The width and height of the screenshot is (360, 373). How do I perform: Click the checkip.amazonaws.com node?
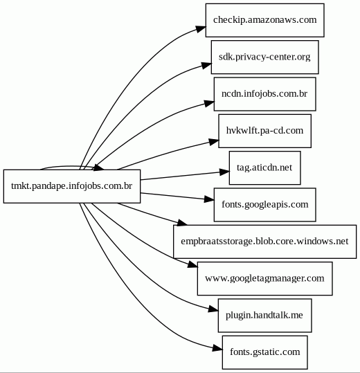click(265, 20)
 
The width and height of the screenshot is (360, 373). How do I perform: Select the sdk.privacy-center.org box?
click(265, 57)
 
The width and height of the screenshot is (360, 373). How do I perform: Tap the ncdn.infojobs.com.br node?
click(265, 94)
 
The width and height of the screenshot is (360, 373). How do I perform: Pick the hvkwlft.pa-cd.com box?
click(265, 131)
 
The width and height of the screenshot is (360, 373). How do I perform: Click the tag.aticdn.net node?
click(265, 167)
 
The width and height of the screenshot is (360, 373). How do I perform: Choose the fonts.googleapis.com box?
click(265, 205)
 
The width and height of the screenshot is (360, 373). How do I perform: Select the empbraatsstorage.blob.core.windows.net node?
click(265, 242)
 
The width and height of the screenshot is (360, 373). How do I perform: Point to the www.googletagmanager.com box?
click(265, 279)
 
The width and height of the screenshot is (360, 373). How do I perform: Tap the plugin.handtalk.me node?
click(265, 316)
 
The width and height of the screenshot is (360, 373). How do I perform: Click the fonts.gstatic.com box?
click(265, 352)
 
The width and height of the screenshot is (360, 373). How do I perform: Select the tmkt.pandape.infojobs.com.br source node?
click(72, 186)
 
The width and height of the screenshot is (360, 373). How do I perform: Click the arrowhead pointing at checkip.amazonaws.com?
click(201, 29)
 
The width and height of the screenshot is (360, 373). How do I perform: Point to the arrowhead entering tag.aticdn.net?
click(224, 172)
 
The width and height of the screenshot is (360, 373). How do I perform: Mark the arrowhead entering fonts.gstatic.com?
click(217, 349)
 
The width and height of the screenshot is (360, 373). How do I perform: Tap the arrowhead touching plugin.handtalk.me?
click(213, 309)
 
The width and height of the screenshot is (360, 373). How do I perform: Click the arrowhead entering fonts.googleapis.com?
click(209, 199)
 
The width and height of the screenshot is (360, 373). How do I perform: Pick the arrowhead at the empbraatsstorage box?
click(182, 222)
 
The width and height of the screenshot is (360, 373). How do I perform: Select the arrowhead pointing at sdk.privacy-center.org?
click(206, 65)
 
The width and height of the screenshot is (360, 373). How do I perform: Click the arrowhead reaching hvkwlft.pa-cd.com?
click(214, 142)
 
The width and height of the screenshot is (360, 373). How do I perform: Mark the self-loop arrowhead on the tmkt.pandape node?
click(99, 167)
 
